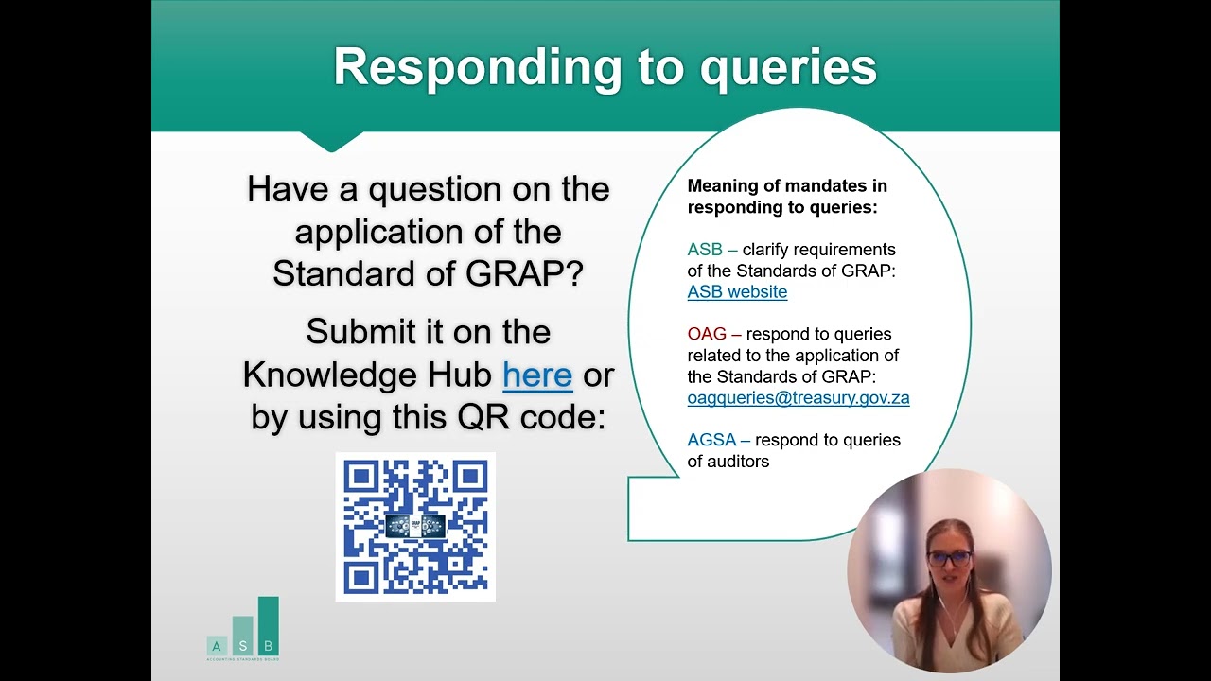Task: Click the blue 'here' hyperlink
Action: coord(537,375)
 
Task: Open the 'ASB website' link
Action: coord(737,292)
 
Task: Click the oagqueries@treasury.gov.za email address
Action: coord(799,398)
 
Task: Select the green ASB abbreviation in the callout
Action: coord(705,249)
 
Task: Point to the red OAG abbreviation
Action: coord(707,334)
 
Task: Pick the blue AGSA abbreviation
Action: coord(711,440)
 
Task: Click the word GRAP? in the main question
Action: coord(524,273)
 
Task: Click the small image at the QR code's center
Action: coord(415,527)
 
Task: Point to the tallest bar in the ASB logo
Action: coord(268,626)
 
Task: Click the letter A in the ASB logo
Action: coord(217,646)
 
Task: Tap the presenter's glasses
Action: coord(949,558)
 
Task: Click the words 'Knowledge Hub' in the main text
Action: coord(368,375)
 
